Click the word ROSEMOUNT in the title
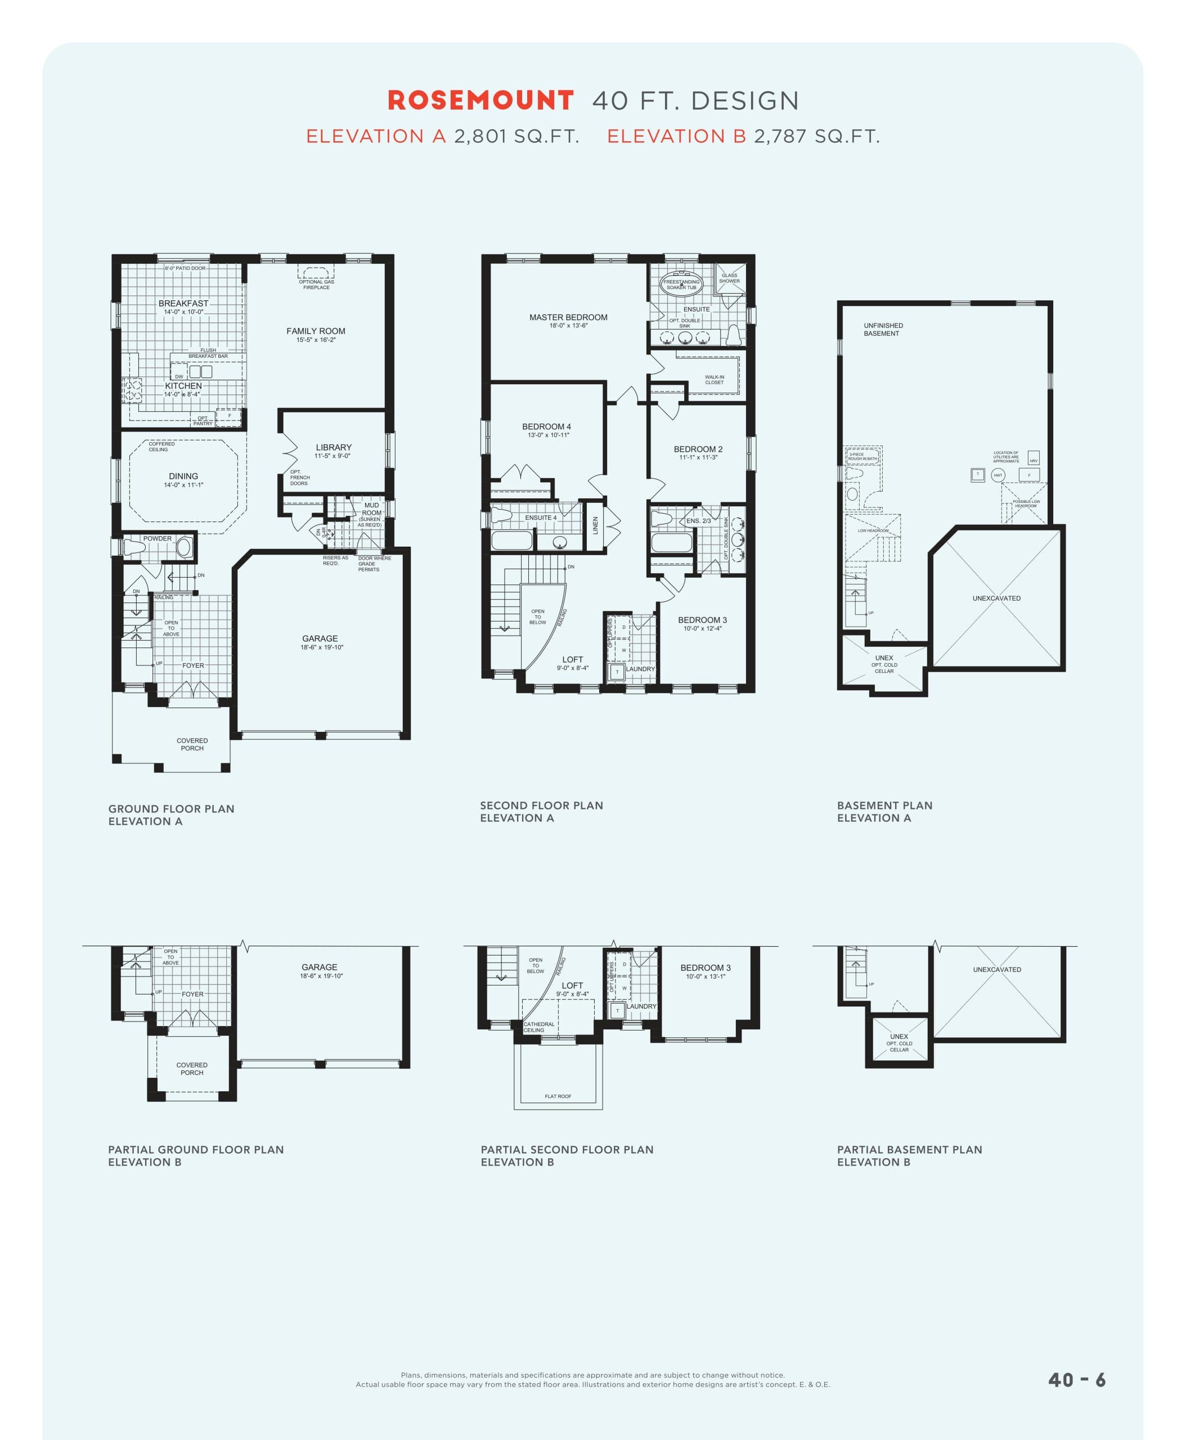point(480,101)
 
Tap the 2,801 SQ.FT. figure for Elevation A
point(516,137)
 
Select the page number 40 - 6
point(1077,1379)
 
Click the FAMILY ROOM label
point(316,331)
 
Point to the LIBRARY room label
point(334,447)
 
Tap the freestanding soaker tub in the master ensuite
point(681,283)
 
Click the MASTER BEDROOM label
point(568,317)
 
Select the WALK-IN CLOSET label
point(714,380)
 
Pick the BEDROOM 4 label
point(546,427)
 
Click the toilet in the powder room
point(133,548)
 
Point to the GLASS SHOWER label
point(729,278)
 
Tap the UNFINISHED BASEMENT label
point(883,329)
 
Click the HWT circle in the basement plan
point(998,475)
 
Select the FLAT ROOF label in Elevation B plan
point(558,1096)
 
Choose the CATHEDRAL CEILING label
point(538,1027)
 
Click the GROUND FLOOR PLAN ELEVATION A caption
point(171,815)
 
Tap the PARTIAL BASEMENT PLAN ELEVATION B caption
point(909,1156)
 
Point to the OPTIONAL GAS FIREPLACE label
point(316,284)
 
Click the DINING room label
point(183,476)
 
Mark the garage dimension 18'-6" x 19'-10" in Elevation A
point(322,647)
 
